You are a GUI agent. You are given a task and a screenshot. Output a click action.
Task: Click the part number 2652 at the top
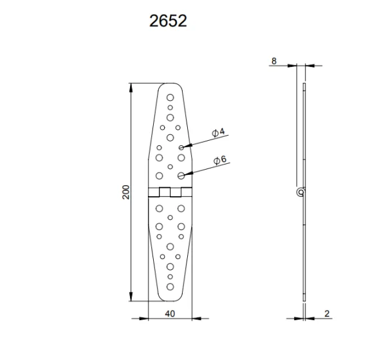[x=169, y=21]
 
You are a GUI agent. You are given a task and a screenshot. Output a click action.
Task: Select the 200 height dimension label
[x=126, y=192]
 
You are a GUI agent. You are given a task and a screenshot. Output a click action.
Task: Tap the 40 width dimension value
[x=170, y=314]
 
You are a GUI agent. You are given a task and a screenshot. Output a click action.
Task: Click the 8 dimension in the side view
[x=274, y=61]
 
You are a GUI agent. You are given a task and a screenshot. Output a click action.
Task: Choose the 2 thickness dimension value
[x=327, y=314]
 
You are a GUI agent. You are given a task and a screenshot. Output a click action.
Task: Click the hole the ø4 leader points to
[x=182, y=147]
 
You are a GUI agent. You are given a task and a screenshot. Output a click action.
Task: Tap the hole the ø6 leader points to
[x=182, y=175]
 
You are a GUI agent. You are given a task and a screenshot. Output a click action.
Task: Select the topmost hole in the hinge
[x=170, y=97]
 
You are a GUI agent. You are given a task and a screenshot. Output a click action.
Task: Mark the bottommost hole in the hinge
[x=170, y=287]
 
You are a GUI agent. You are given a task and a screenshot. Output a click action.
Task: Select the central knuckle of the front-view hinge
[x=170, y=191]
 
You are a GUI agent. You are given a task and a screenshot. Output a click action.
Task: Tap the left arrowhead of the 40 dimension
[x=151, y=318]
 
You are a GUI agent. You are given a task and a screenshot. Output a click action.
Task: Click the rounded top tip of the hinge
[x=170, y=84]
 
